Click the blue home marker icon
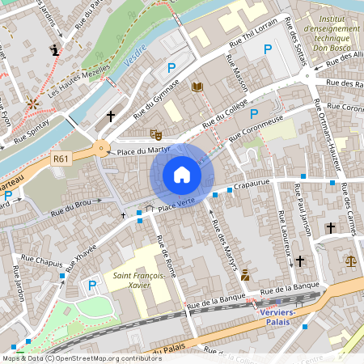tap(182, 175)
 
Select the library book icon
tap(197, 87)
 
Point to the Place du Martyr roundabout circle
tap(100, 148)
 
